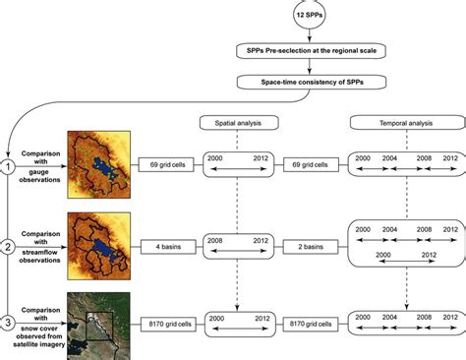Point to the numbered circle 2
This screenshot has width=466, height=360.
[9, 246]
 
